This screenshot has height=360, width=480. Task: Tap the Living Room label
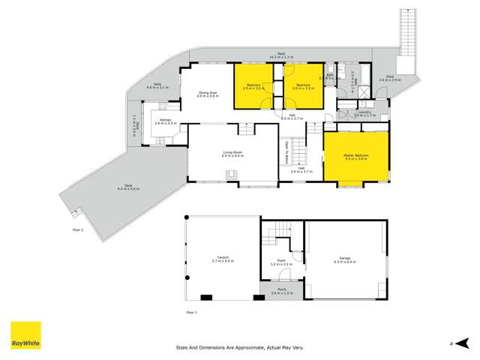[x=233, y=152]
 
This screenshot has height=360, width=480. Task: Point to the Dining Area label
[x=207, y=93]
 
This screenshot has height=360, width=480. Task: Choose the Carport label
[x=223, y=257]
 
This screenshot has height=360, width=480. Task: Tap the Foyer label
[x=281, y=261]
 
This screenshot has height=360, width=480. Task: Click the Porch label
[x=281, y=289]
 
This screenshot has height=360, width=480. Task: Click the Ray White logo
[x=25, y=335]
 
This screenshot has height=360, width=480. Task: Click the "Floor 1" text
[x=191, y=311]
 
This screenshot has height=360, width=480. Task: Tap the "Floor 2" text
[x=77, y=229]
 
